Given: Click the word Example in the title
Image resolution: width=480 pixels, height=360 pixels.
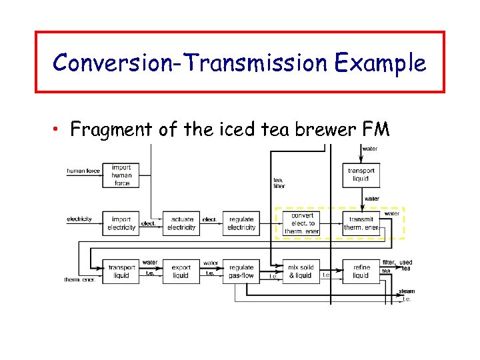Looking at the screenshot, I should click(381, 63).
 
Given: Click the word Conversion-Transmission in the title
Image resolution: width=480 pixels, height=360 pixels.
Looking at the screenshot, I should click(190, 63).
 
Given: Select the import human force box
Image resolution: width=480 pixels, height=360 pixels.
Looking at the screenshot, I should click(121, 175).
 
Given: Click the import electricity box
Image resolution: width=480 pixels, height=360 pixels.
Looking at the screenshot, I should click(121, 223).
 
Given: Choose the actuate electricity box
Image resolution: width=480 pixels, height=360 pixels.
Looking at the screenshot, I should click(181, 223).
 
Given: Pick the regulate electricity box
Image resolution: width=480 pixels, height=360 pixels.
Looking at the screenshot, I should click(241, 223).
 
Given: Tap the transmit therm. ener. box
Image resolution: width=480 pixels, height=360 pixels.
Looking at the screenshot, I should click(361, 223).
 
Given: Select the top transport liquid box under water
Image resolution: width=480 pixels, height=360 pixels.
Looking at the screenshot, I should click(361, 175).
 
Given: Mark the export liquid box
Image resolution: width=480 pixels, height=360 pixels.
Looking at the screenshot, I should click(181, 271).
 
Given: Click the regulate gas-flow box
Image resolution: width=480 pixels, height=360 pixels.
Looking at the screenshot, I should click(241, 271).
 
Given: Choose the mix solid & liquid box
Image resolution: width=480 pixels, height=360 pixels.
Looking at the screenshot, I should click(301, 271).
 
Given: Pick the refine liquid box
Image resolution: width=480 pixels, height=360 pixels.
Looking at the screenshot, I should click(361, 271).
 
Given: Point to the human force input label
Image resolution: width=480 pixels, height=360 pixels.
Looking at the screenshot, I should click(83, 171).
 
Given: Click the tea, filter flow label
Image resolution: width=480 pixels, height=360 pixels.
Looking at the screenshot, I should click(279, 183).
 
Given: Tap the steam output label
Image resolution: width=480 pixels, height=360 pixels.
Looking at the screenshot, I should click(407, 291).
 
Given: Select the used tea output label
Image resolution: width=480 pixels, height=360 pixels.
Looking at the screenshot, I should click(406, 265).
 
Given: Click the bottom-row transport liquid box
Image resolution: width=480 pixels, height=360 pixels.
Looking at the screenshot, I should click(121, 271).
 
